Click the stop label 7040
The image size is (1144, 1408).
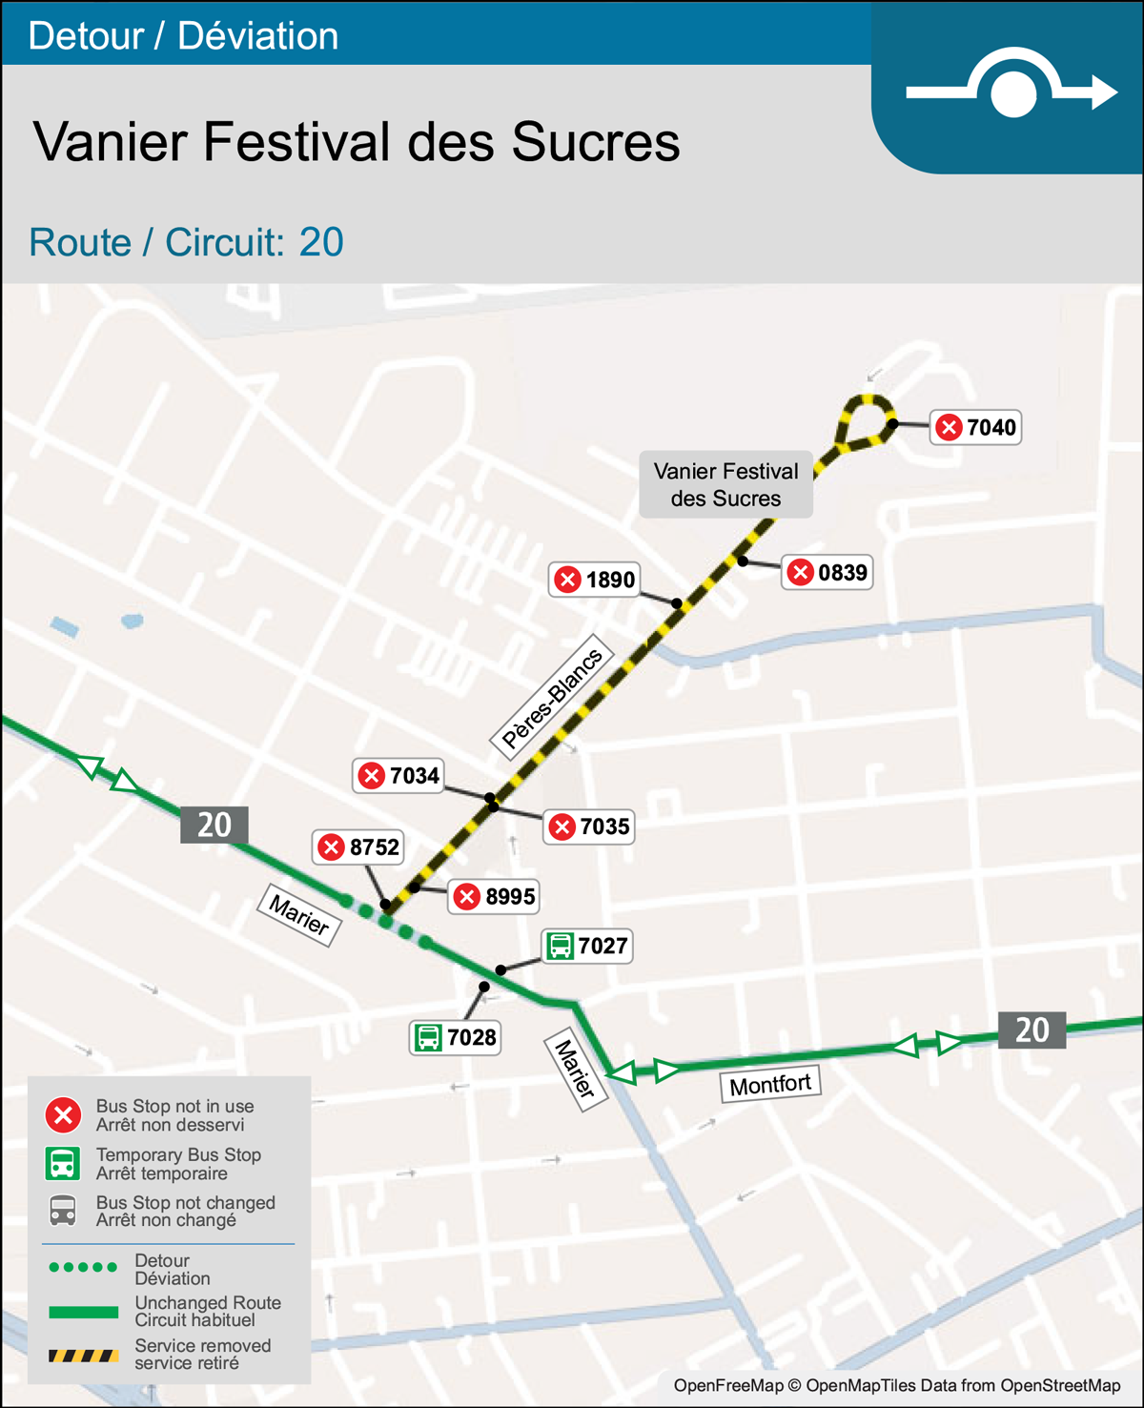[976, 427]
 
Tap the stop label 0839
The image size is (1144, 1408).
[827, 572]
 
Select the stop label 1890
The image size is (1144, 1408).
[595, 580]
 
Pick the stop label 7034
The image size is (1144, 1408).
[399, 776]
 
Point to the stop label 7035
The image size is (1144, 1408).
[589, 826]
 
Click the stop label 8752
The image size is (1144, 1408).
[358, 847]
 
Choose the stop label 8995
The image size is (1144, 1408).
[494, 896]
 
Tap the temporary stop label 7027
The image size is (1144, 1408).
[587, 946]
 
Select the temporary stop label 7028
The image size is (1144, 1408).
[456, 1037]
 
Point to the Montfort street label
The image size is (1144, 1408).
[770, 1085]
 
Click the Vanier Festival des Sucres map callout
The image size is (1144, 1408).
[725, 484]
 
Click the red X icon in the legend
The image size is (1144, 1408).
[64, 1115]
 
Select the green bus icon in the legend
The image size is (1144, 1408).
[63, 1163]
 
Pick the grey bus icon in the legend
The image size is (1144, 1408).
[63, 1211]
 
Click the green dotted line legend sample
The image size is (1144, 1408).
[84, 1268]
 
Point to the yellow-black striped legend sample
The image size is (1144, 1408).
[84, 1356]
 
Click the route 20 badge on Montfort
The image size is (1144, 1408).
[1032, 1030]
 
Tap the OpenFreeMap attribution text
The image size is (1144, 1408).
[897, 1385]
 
